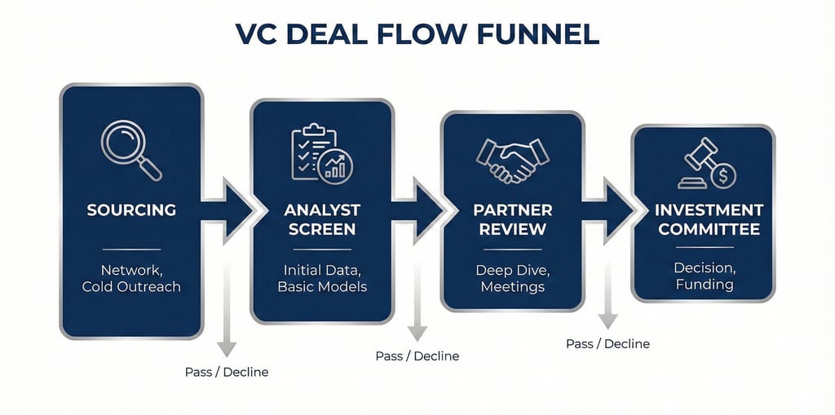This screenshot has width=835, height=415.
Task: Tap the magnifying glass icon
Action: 131,150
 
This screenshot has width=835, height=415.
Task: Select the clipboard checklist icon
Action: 320,154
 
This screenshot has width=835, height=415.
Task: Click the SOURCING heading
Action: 131,210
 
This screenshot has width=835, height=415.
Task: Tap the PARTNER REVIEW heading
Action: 512,220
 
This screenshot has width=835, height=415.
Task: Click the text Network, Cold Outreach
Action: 131,277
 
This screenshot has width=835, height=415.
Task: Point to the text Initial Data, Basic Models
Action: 322,277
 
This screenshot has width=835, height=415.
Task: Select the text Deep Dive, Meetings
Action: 512,277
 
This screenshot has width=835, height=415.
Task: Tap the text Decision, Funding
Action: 704,276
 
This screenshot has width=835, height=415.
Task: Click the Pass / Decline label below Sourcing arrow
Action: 226,372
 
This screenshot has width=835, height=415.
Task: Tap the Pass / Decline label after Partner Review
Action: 607,344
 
